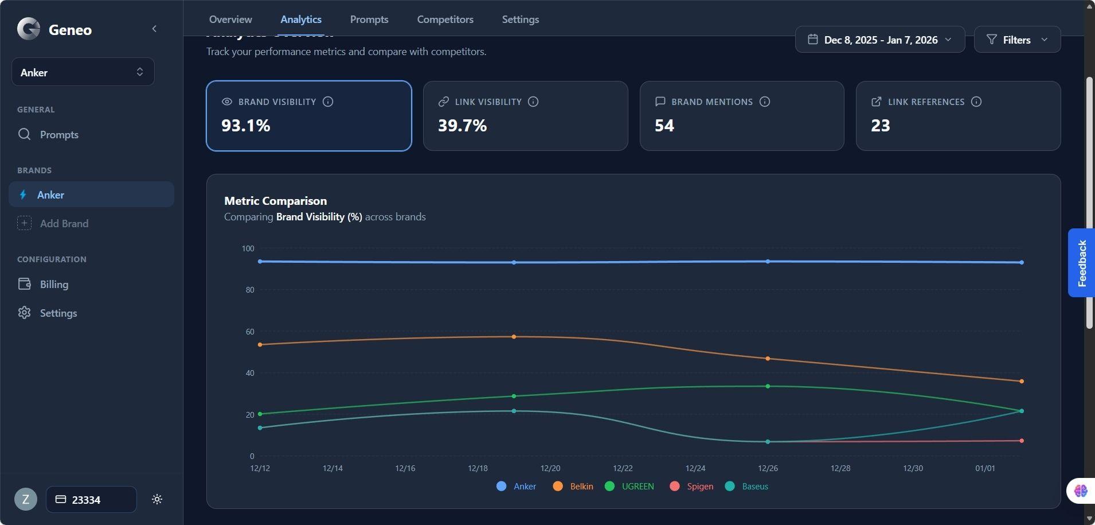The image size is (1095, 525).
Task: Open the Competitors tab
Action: tap(445, 20)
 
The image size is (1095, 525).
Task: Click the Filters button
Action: tap(1016, 40)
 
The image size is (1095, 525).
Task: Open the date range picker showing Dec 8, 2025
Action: tap(879, 40)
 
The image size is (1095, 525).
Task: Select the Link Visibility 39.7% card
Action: tap(525, 116)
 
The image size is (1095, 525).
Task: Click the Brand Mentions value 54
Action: tap(664, 126)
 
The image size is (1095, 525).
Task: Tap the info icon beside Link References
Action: tap(976, 102)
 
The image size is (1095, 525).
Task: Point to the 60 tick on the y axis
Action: tap(250, 332)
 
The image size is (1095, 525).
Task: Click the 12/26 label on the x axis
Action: tap(768, 468)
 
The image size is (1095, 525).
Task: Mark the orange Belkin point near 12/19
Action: tap(514, 337)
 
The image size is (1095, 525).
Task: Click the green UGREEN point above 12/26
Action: tap(768, 386)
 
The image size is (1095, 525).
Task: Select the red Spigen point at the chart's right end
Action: tap(1022, 441)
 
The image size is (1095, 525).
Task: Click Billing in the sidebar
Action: tap(54, 285)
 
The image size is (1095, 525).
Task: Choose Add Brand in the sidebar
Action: tap(64, 224)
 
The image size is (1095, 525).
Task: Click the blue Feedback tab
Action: tap(1081, 263)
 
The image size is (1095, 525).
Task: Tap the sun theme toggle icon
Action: tap(157, 500)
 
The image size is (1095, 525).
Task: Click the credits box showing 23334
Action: tap(91, 500)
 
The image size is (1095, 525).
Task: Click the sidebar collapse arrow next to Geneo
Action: tap(154, 29)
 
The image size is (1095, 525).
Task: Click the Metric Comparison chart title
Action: tap(275, 201)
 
